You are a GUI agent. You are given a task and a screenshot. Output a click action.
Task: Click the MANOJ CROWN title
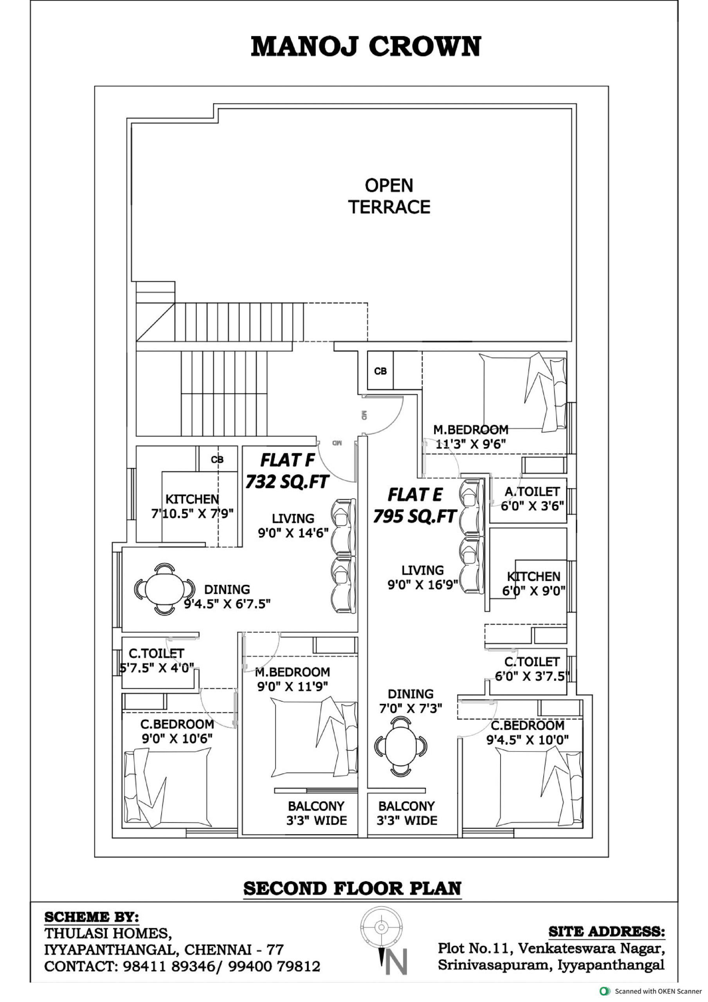[366, 47]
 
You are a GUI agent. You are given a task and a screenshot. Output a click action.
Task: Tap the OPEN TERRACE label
[389, 196]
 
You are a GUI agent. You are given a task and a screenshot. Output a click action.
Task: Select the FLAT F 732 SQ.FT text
[287, 471]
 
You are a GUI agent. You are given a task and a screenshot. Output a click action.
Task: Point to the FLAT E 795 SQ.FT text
[415, 506]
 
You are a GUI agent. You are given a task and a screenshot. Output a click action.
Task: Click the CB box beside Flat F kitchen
[217, 459]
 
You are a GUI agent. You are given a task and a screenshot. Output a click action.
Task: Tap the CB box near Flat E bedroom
[380, 371]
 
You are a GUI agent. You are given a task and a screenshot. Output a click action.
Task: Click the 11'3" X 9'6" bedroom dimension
[470, 444]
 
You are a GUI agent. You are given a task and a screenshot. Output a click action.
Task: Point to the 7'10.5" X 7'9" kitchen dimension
[193, 514]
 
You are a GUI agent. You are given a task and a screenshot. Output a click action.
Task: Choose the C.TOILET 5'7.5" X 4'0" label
[156, 660]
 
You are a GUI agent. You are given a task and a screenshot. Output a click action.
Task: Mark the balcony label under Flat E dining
[407, 813]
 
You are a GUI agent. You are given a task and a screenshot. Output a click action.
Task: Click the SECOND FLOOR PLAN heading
[352, 888]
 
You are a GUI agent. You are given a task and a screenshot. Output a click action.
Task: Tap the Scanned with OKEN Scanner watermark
[651, 991]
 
